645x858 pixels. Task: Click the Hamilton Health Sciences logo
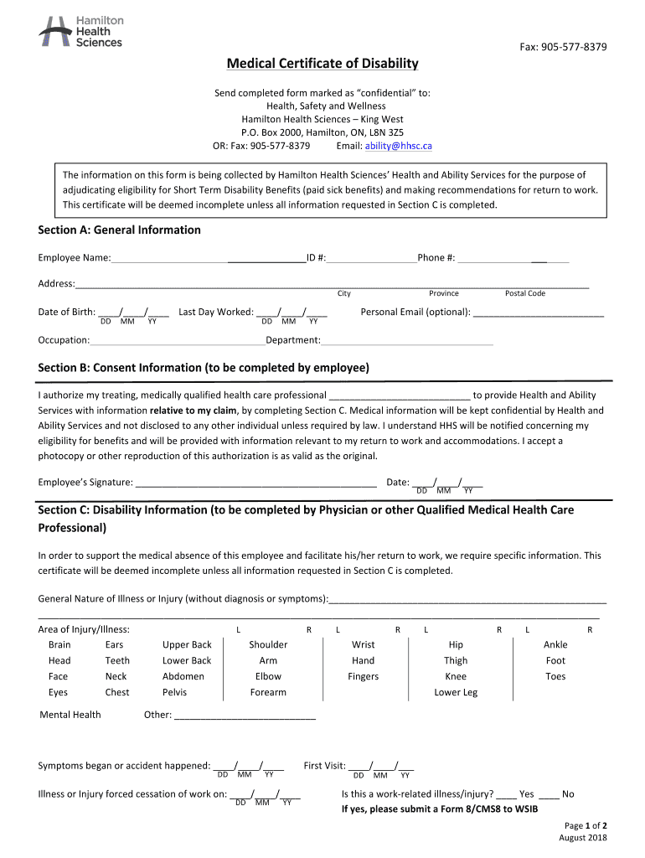click(x=80, y=31)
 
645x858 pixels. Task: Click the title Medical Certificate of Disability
click(x=322, y=65)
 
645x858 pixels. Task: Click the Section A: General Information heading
click(x=120, y=230)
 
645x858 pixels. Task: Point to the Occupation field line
click(x=177, y=341)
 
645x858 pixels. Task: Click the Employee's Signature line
click(x=255, y=483)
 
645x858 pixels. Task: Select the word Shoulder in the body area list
click(x=268, y=644)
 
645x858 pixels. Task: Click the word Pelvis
click(x=174, y=692)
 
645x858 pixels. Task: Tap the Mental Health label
click(x=70, y=715)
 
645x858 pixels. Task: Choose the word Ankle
click(x=555, y=644)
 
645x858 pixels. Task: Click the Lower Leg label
click(x=456, y=692)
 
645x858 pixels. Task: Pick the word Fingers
click(x=364, y=676)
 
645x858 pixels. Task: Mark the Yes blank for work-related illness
click(x=506, y=794)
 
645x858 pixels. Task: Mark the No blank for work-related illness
click(x=549, y=794)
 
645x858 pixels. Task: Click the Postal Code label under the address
click(x=525, y=293)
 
